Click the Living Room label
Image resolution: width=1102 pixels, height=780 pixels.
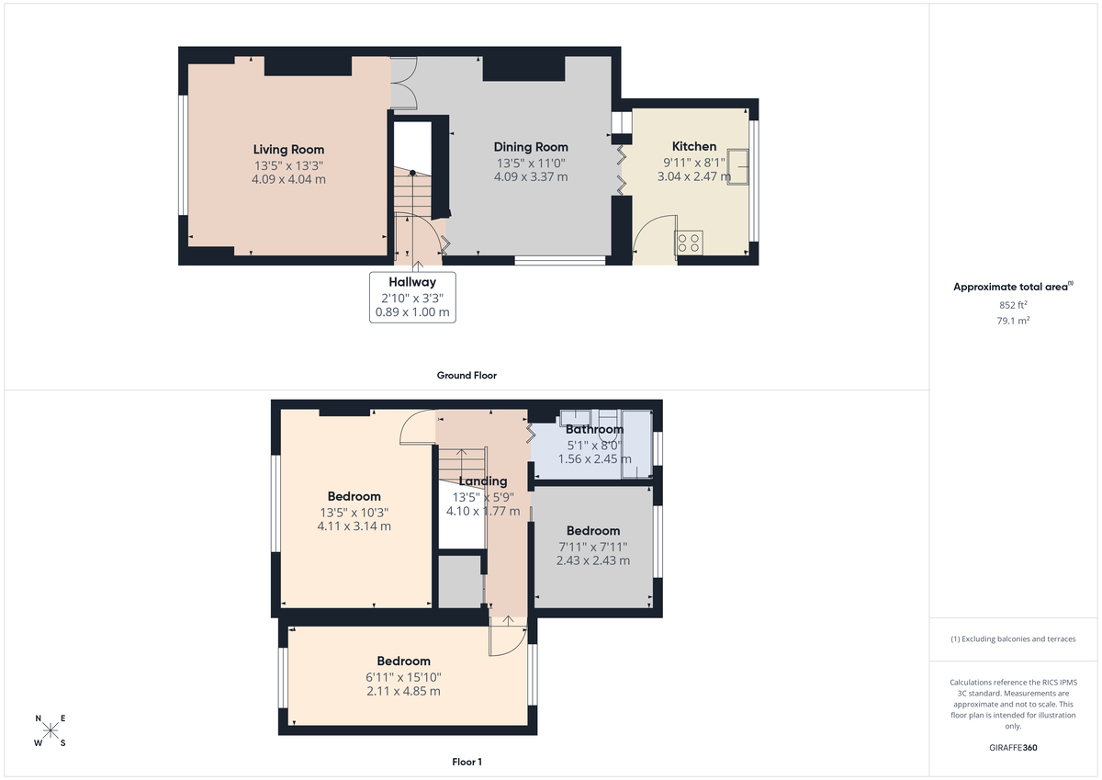288,150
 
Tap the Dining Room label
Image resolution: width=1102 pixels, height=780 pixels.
531,147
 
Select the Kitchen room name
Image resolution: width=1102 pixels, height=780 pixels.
694,146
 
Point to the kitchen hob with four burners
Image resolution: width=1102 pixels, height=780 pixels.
690,243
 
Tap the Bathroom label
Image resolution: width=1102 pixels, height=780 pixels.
594,429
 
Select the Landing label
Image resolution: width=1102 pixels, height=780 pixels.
483,481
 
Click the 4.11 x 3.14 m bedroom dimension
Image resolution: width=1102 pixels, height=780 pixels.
354,526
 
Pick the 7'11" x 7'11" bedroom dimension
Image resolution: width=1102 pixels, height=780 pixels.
592,546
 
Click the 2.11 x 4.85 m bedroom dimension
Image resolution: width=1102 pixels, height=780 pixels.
403,691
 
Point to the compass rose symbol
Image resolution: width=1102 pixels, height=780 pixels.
51,731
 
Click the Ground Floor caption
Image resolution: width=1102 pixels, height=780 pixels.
467,376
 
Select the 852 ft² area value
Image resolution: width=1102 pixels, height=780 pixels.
1013,305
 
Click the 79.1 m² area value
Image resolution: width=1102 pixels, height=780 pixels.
1013,321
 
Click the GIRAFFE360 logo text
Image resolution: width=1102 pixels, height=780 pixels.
1013,748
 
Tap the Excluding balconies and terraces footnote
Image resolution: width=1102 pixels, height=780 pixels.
1013,639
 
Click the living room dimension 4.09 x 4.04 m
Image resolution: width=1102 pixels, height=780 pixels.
288,179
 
